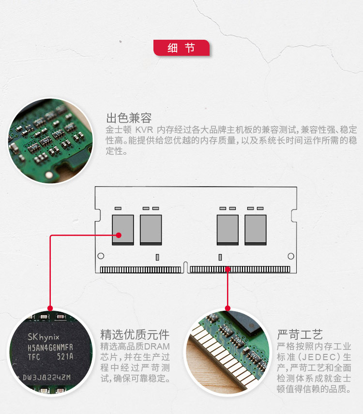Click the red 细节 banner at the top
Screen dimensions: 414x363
pos(181,48)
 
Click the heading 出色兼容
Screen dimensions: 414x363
pos(129,118)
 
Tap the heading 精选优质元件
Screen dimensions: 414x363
pos(135,334)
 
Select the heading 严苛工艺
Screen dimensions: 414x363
pos(300,334)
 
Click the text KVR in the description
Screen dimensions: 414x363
pos(145,130)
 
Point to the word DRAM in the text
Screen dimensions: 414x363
pos(157,347)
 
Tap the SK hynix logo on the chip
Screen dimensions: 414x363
pos(44,336)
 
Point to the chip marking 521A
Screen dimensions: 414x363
pos(64,357)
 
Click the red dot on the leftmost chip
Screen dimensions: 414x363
pos(118,236)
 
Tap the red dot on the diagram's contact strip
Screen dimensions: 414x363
pos(227,268)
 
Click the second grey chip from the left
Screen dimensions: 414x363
pos(151,229)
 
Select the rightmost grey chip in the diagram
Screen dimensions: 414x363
pos(256,229)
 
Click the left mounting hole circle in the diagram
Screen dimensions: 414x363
pos(101,256)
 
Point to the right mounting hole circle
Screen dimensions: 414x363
pos(291,256)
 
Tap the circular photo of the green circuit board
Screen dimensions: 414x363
pos(50,141)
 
